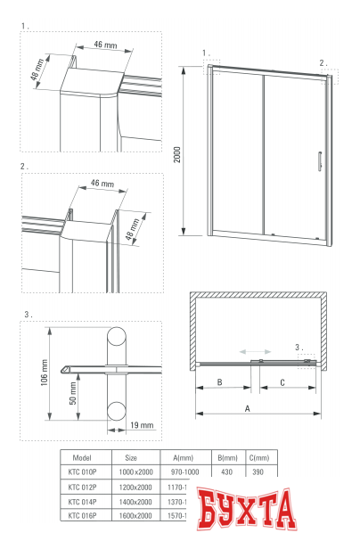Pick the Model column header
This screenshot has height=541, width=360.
pyautogui.click(x=81, y=456)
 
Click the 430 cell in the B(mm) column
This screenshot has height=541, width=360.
pyautogui.click(x=225, y=471)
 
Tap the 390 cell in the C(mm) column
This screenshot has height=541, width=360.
pyautogui.click(x=259, y=471)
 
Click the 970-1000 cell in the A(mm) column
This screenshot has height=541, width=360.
pyautogui.click(x=184, y=471)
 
